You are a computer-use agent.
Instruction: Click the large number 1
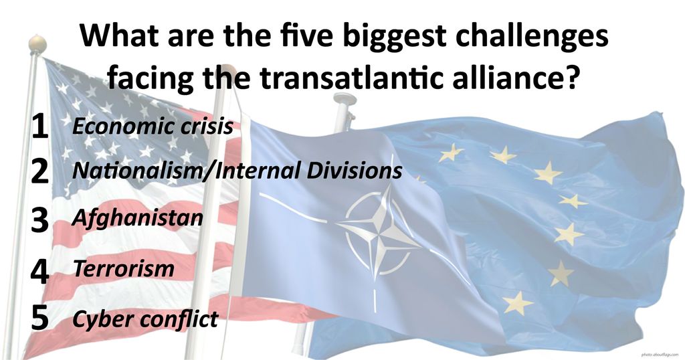point(39,126)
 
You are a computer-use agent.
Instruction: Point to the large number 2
point(39,171)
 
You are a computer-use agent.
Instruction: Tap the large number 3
point(39,219)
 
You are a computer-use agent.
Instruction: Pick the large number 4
point(39,271)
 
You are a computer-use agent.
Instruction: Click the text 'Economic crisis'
point(153,126)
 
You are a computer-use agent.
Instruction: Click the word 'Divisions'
point(354,171)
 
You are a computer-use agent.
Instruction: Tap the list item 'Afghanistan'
point(138,218)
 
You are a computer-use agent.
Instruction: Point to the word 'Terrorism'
point(124,268)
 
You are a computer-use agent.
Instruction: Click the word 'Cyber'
point(102,319)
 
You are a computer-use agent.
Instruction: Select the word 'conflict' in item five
point(178,319)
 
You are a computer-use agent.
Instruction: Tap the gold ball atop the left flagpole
point(37,44)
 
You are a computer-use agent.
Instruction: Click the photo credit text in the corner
point(660,355)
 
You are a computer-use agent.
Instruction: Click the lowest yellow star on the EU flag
point(518,302)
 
